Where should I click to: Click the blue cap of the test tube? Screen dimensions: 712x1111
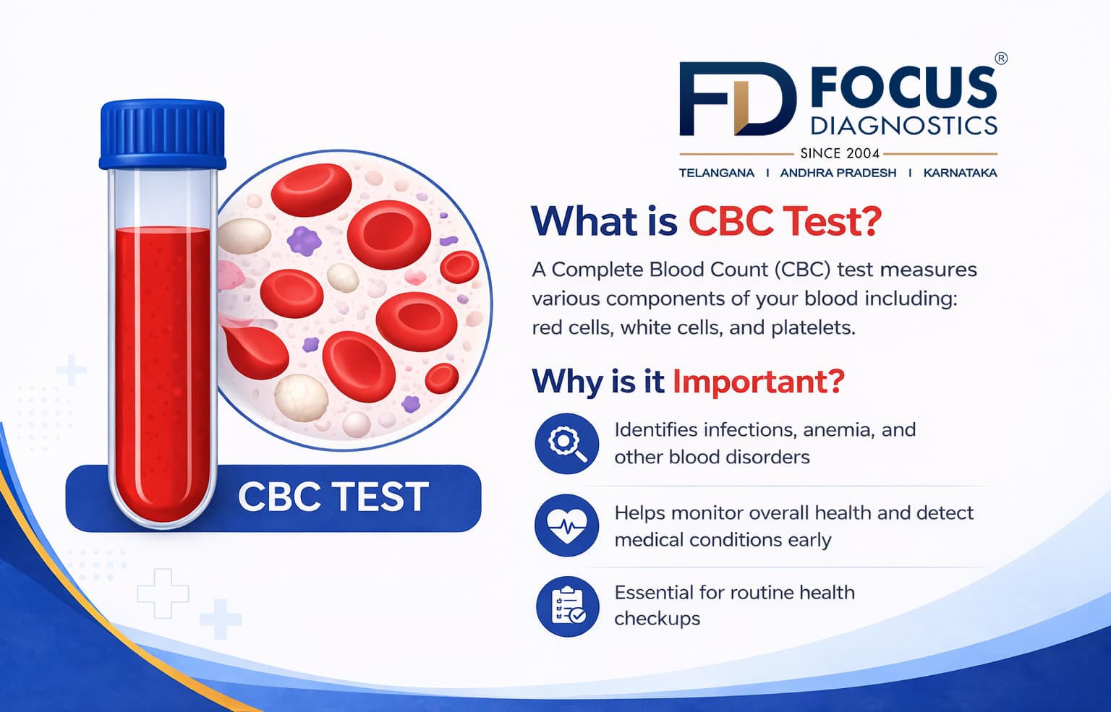162,134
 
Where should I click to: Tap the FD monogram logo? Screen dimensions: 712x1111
736,99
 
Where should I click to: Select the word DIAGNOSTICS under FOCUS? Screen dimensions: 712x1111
903,126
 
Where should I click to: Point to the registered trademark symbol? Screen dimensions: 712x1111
1000,59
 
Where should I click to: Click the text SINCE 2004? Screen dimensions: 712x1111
839,153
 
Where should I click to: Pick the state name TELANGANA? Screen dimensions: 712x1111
716,173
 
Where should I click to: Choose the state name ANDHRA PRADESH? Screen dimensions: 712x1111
838,173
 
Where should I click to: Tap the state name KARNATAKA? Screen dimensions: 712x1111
960,173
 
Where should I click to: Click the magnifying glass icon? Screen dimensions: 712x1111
566,443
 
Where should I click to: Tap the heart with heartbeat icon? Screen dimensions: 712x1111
566,526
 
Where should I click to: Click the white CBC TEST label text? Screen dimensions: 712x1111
333,497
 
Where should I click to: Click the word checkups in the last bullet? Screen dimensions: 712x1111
657,619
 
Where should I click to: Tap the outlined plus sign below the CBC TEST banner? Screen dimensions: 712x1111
163,593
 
